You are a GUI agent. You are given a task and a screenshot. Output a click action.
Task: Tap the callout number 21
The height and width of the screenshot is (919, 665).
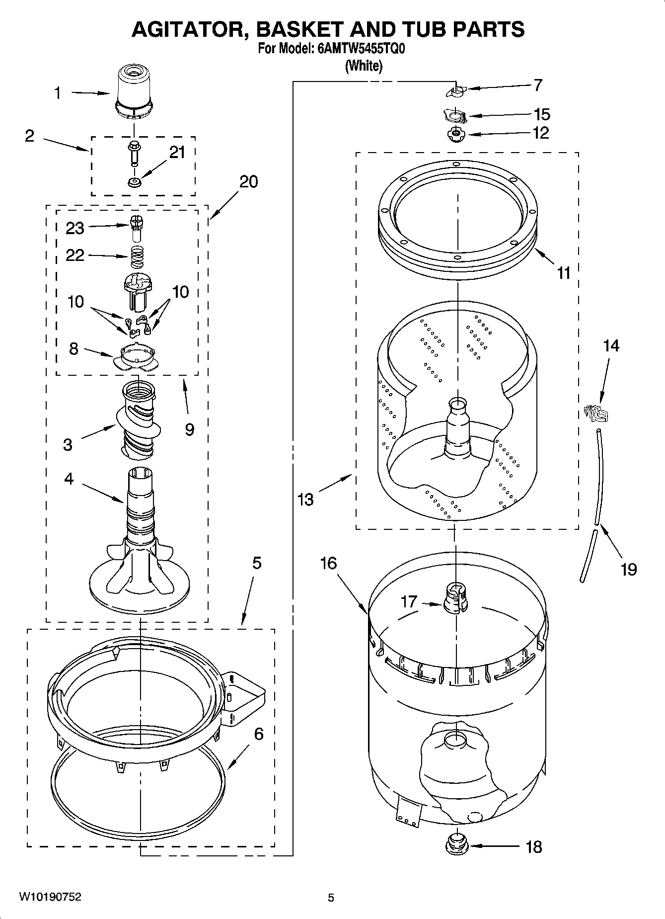pos(177,153)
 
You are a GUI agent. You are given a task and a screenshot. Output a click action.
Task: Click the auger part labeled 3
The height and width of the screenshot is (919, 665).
pos(136,422)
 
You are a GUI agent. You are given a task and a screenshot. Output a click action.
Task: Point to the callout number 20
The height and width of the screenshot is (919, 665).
pos(248,181)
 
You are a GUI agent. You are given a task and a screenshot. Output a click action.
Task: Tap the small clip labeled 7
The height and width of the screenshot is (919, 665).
pos(456,91)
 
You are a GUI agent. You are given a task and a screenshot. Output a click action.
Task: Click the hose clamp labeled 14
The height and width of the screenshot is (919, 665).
pos(595,412)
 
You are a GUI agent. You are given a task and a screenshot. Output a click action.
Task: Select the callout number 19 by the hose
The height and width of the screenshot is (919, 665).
pos(629,569)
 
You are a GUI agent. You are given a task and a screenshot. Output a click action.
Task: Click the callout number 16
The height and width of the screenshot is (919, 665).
pos(328,563)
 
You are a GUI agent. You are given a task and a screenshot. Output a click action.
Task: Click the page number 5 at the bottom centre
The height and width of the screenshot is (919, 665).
pos(331,898)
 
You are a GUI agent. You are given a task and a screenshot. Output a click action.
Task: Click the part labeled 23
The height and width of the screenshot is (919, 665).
pos(135,228)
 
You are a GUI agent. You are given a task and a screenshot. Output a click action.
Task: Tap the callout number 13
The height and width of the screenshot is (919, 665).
pos(305,499)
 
